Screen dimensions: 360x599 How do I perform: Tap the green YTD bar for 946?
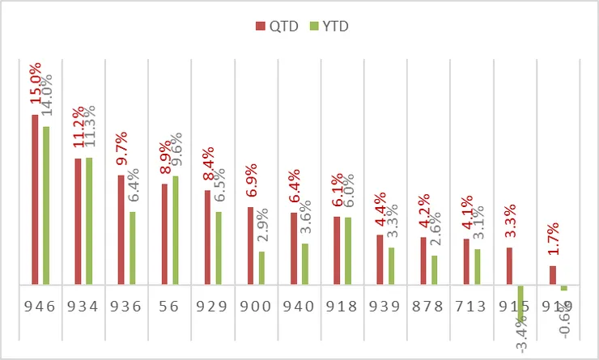click(x=45, y=205)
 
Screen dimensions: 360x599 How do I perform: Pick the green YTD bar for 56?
click(x=175, y=231)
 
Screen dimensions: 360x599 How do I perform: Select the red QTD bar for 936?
click(x=121, y=230)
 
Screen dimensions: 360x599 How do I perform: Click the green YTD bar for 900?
click(x=261, y=268)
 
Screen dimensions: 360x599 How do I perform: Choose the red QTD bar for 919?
click(x=553, y=275)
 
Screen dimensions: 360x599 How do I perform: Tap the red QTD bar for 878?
click(x=423, y=260)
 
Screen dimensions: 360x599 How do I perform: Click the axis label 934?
click(x=82, y=307)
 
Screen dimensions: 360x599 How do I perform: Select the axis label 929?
click(x=211, y=307)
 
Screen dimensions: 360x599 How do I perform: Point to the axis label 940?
click(x=298, y=307)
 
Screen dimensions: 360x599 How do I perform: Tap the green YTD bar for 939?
click(x=391, y=266)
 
